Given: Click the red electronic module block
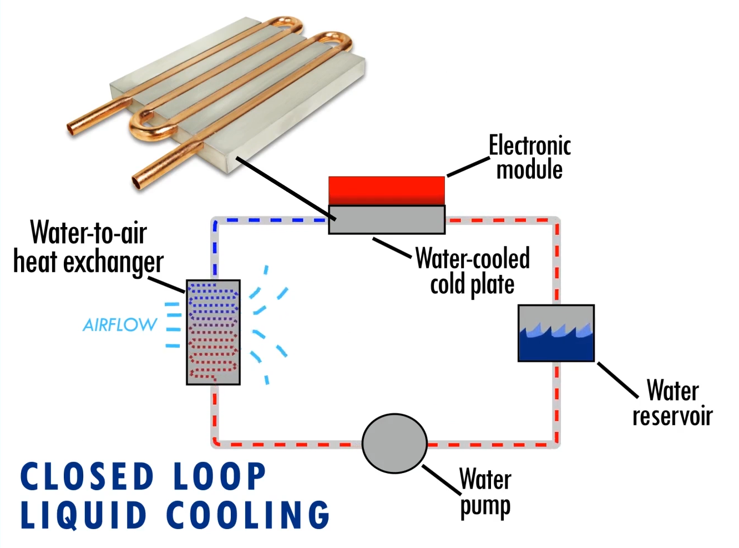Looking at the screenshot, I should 387,190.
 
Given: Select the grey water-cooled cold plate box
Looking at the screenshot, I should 387,220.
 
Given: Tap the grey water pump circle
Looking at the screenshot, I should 394,443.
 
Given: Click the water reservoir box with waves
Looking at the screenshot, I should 556,333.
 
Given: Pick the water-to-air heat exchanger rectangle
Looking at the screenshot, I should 213,332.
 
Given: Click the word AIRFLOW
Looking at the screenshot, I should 120,325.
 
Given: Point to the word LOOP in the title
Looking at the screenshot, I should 220,476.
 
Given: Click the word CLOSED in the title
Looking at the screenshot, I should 87,476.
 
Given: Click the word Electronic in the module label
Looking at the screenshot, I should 529,146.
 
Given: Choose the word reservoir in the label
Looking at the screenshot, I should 672,416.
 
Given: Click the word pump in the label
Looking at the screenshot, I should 485,506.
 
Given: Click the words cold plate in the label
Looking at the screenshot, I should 472,285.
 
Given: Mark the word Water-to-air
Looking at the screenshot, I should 89,232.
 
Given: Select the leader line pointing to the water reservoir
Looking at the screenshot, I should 617,380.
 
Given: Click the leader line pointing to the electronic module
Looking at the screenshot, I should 468,167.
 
